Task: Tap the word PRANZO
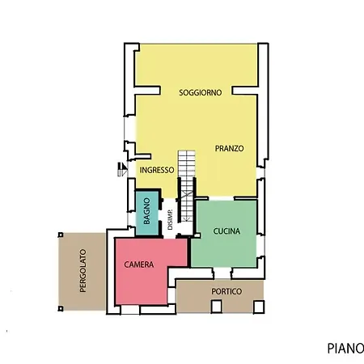coord(230,148)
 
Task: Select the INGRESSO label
coord(157,170)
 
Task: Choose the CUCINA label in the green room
coord(226,231)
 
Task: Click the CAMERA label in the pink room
coord(140,265)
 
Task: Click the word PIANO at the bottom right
coord(345,349)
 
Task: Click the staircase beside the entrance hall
coord(187,174)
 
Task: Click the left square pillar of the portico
coord(215,306)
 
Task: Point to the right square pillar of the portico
coord(259,306)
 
